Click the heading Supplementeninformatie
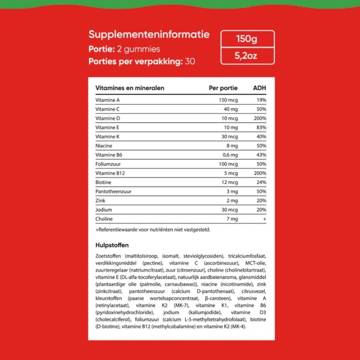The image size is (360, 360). (x=149, y=35)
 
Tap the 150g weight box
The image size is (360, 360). (x=247, y=39)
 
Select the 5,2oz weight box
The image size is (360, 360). (x=247, y=56)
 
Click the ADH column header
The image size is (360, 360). (x=260, y=88)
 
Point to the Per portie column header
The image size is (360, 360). (x=223, y=88)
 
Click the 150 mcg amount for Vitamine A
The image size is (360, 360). (x=229, y=100)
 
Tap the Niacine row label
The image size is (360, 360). (x=104, y=146)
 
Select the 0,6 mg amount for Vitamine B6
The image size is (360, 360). (x=230, y=155)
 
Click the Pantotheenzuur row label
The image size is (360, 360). (x=113, y=192)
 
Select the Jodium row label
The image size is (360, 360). (x=104, y=210)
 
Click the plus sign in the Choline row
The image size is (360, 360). (x=265, y=219)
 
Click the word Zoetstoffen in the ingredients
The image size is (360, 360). (x=108, y=256)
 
